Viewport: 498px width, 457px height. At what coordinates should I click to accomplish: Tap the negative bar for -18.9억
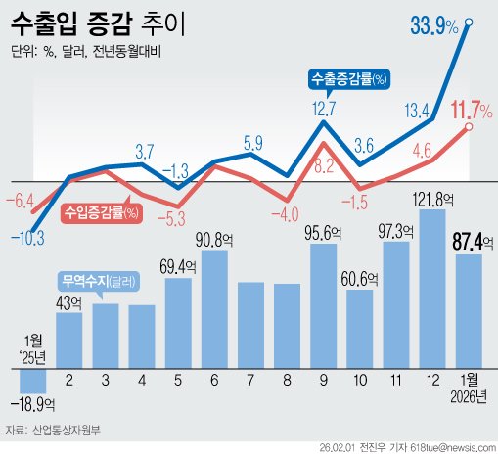tap(34, 380)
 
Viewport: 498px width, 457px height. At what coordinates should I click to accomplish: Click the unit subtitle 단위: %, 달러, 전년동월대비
tap(86, 53)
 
